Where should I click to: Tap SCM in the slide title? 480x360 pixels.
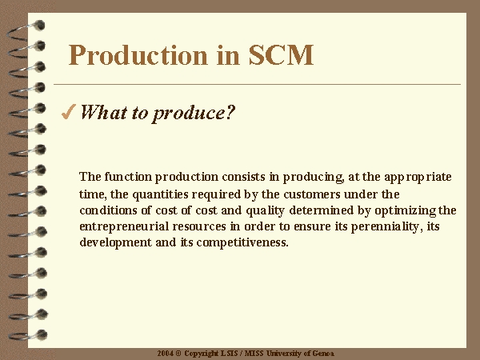coord(281,55)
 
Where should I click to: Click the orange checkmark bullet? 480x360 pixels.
coord(69,111)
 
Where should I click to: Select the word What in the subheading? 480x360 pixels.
coord(104,112)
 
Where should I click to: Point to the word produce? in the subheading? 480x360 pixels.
coord(194,114)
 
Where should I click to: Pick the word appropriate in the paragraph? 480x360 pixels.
coord(418,178)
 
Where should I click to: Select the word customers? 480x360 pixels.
coord(312,194)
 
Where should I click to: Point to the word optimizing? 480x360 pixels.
coord(406,211)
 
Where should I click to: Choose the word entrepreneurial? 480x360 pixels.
coord(124,227)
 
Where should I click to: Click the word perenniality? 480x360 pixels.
coord(386,227)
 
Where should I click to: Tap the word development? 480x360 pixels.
coord(116,242)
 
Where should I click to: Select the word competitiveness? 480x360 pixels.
coord(242,242)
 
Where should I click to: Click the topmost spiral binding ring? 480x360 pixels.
coord(26,30)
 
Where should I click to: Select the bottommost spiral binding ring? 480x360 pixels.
coord(27,335)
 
